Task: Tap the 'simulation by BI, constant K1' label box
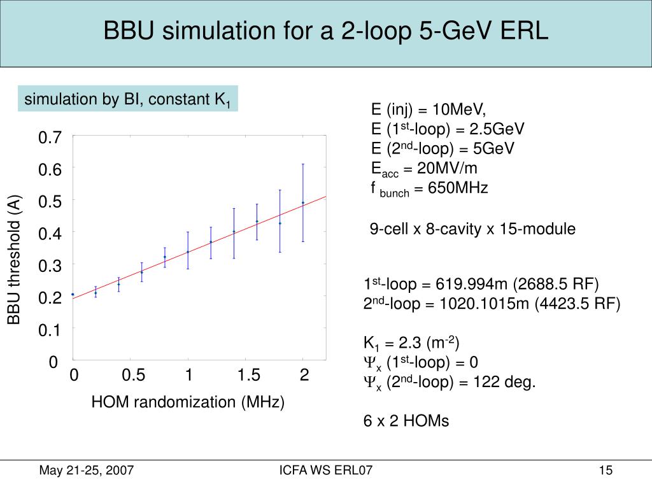click(x=127, y=99)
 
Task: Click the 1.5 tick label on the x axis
click(x=249, y=376)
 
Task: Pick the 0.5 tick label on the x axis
click(x=133, y=376)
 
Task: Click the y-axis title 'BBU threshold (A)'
click(x=15, y=259)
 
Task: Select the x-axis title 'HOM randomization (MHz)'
click(x=188, y=402)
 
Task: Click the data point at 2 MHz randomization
click(x=303, y=202)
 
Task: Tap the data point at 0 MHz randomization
click(x=73, y=294)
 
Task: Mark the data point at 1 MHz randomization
click(x=188, y=252)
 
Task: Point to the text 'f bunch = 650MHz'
click(x=429, y=189)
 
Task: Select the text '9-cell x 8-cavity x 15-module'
click(x=472, y=229)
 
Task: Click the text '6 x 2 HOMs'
click(x=406, y=421)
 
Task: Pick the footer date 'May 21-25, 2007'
click(x=87, y=471)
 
